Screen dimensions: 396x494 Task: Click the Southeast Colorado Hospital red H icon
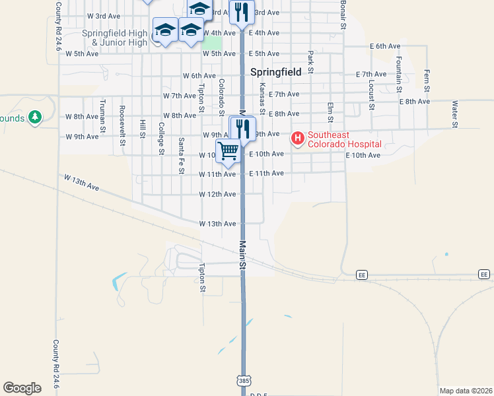[x=298, y=139]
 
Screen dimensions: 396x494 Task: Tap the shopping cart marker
[x=228, y=150]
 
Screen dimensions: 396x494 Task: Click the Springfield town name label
[x=276, y=71]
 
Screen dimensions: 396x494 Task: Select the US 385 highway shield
[x=243, y=381]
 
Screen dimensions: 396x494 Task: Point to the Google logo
[x=22, y=388]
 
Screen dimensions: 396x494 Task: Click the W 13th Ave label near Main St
[x=217, y=224]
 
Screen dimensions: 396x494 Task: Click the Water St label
[x=454, y=113]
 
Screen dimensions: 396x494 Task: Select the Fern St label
[x=427, y=80]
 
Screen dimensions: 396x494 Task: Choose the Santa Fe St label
[x=181, y=156]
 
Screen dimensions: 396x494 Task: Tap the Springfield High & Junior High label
[x=114, y=38]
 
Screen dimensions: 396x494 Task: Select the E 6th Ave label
[x=385, y=46]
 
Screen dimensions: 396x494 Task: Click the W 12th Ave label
[x=217, y=194]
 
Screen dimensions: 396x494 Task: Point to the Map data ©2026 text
[x=466, y=391]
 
